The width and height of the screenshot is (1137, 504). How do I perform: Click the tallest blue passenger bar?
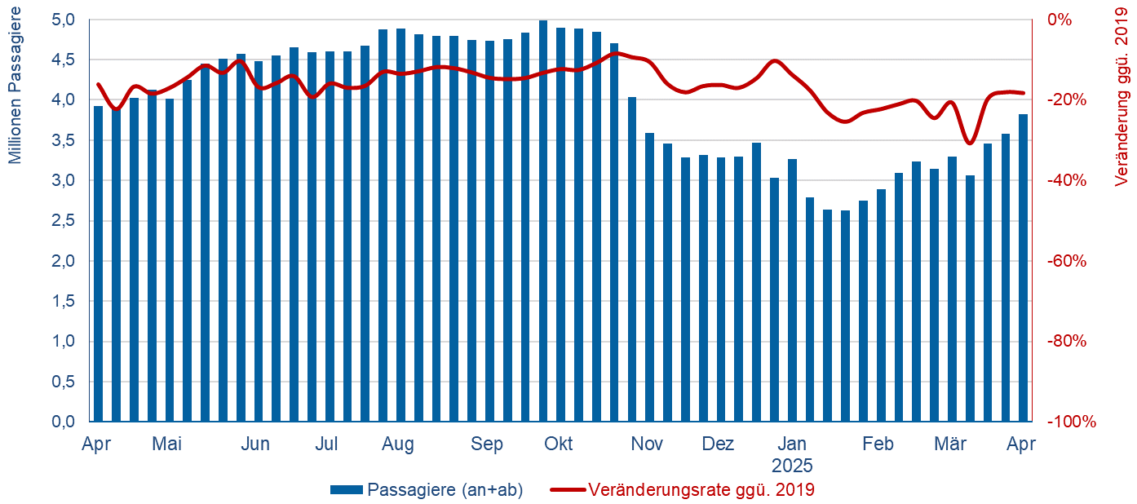click(x=543, y=220)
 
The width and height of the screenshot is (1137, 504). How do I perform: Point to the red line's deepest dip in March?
click(x=969, y=143)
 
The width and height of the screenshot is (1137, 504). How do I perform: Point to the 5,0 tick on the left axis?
click(x=64, y=20)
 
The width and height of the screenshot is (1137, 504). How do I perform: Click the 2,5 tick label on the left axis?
click(x=64, y=221)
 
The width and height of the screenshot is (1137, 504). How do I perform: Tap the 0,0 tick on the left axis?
click(x=64, y=422)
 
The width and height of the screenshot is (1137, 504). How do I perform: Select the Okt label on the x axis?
click(x=559, y=444)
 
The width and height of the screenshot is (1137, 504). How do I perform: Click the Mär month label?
click(x=950, y=444)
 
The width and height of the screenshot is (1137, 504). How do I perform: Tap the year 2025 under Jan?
click(x=792, y=466)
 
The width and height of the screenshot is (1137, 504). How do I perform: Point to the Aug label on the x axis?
click(x=398, y=444)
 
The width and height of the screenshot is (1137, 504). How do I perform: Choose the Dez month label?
click(x=718, y=444)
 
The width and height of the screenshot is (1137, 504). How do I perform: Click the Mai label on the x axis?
click(x=166, y=444)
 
